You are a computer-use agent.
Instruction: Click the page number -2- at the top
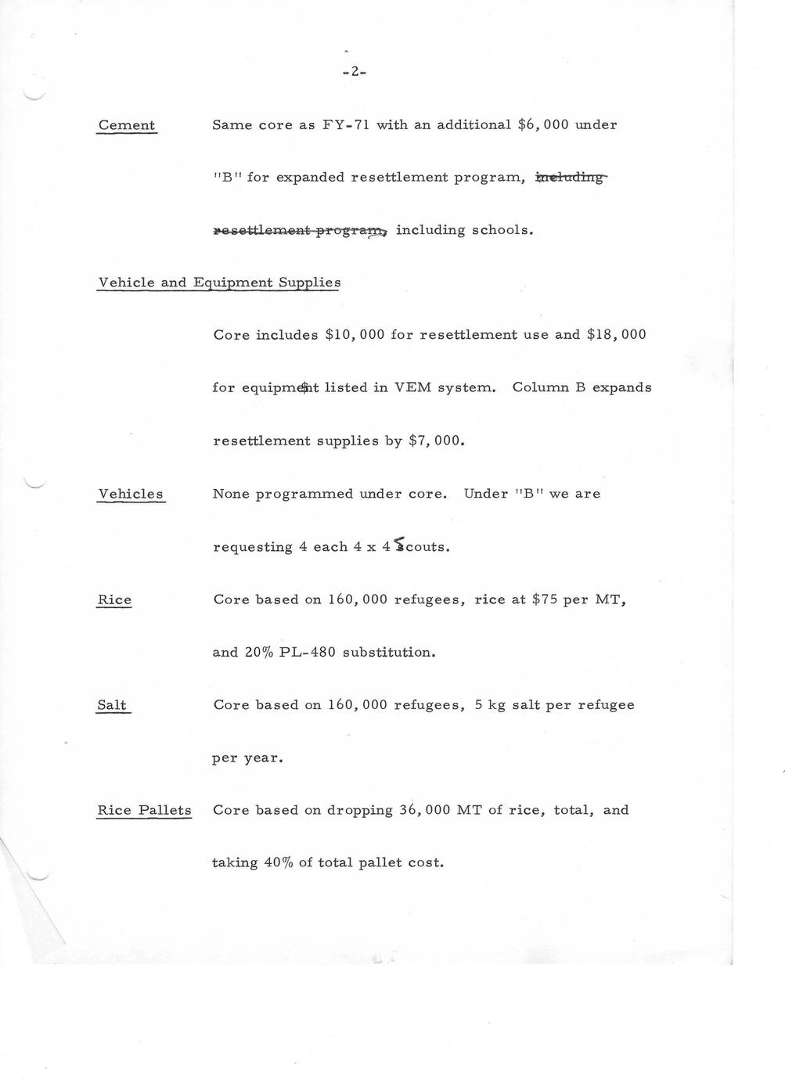[355, 72]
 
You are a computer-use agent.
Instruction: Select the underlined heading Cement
[127, 125]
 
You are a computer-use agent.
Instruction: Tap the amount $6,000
[543, 124]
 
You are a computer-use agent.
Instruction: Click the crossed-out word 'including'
[570, 178]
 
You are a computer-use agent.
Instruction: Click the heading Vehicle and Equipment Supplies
[219, 283]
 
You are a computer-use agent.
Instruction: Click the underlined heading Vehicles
[131, 494]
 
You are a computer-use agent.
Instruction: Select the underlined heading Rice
[114, 599]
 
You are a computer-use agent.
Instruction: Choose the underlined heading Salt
[112, 705]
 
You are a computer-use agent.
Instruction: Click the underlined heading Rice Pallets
[144, 810]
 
